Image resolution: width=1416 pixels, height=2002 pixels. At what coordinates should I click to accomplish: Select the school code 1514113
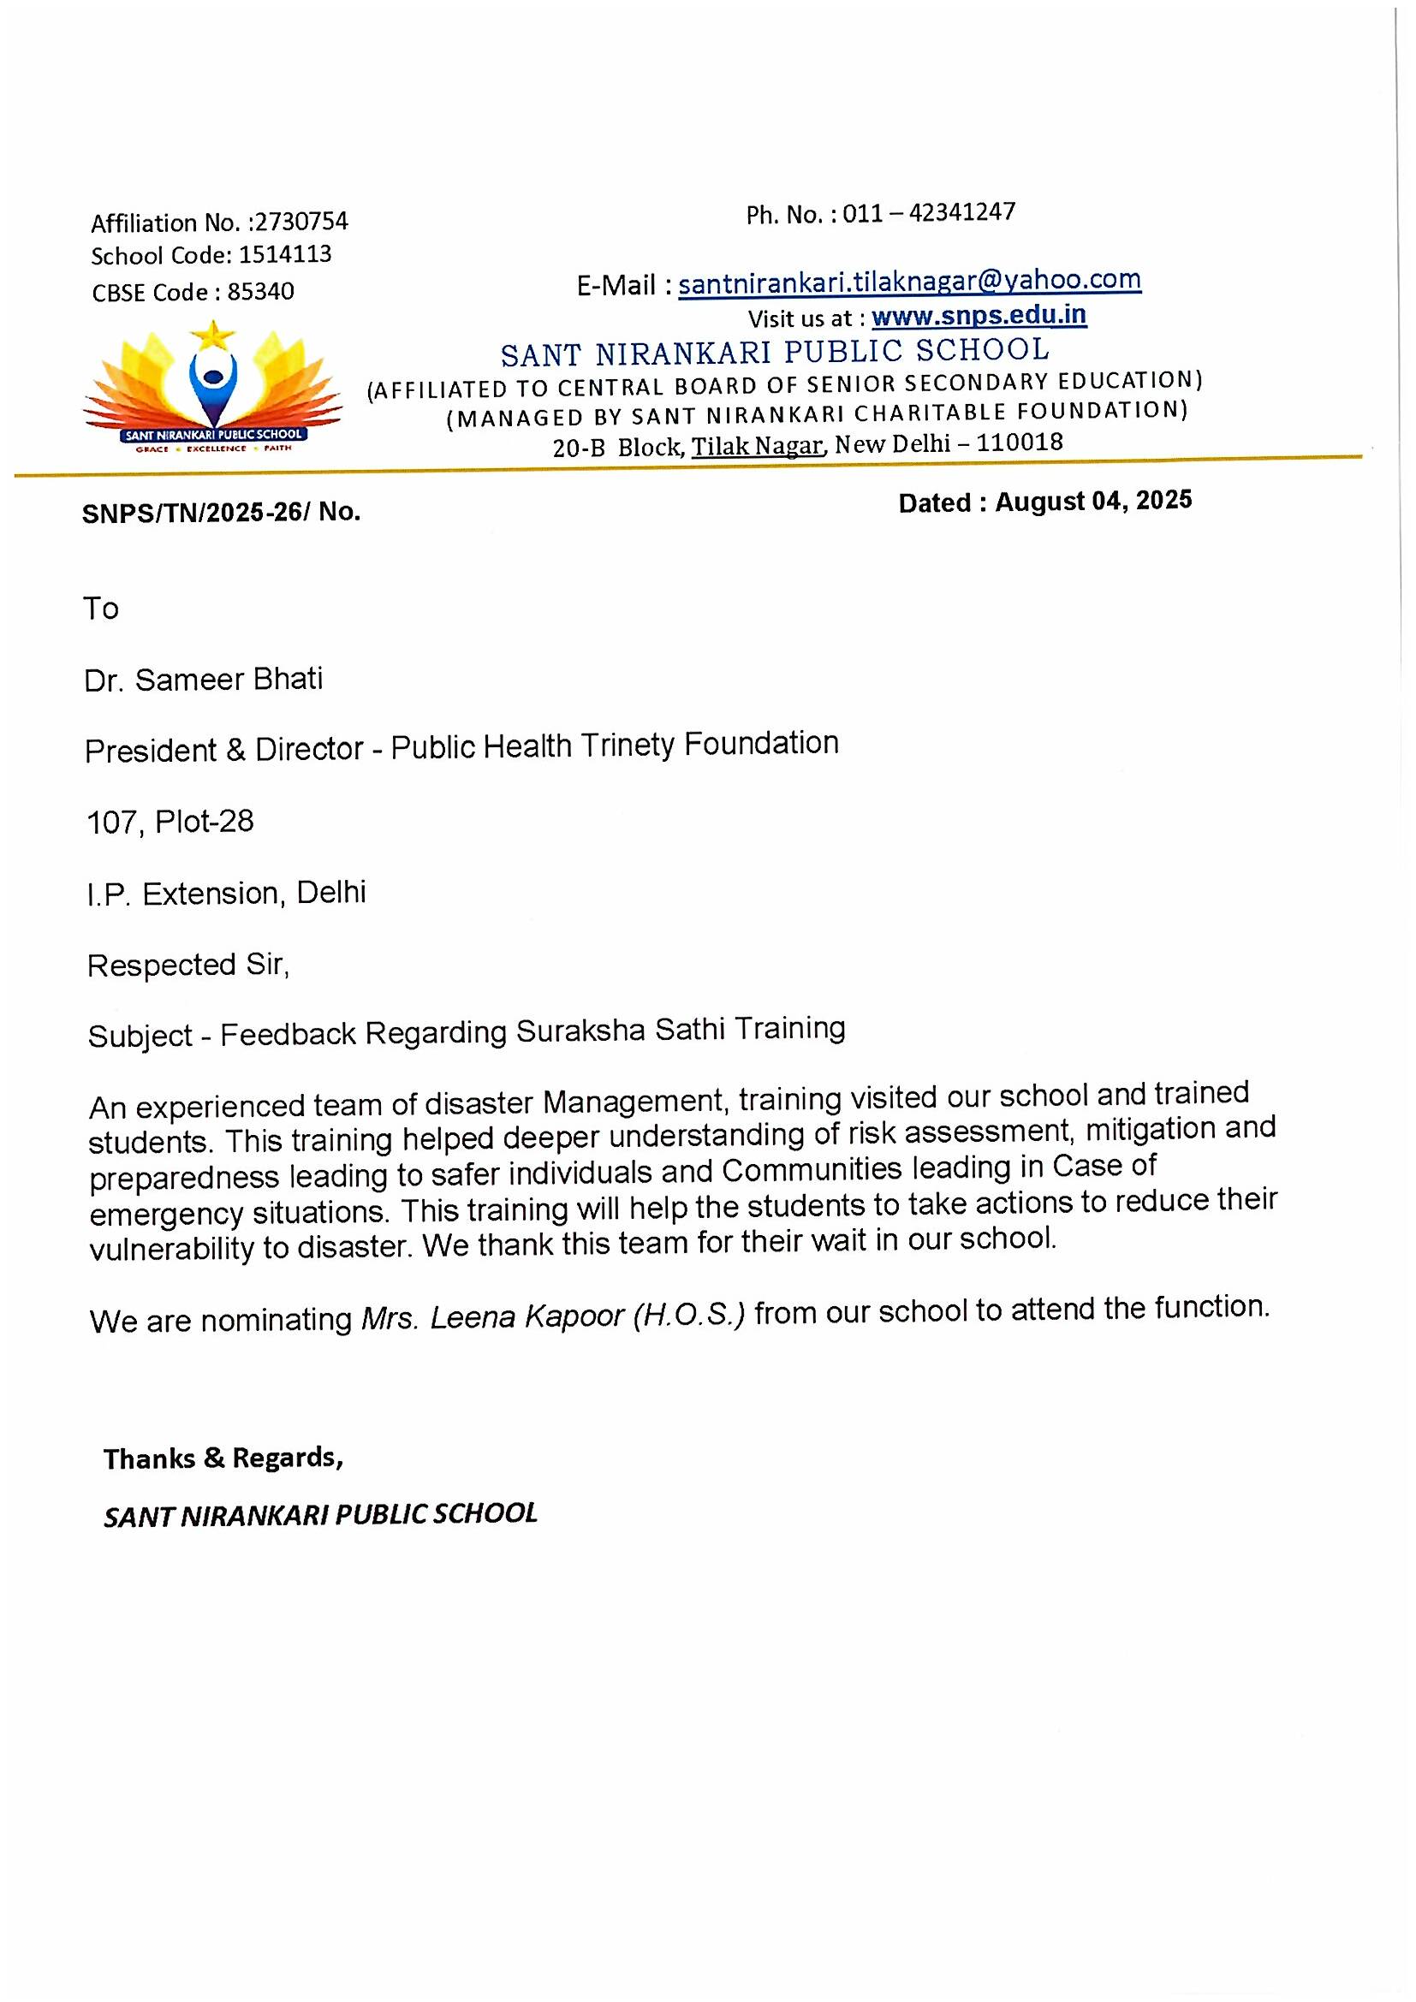pos(285,254)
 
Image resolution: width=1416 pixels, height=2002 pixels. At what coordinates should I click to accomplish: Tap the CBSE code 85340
pos(261,291)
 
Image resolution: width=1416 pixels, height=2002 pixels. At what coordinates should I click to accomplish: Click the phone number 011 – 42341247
pos(929,213)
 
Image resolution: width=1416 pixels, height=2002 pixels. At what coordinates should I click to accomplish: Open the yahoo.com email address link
pos(909,282)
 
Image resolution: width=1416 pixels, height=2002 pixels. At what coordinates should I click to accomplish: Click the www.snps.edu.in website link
pos(979,316)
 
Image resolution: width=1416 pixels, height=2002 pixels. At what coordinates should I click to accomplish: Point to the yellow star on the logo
pos(213,334)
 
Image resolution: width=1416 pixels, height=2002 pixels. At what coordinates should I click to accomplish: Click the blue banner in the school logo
pos(214,434)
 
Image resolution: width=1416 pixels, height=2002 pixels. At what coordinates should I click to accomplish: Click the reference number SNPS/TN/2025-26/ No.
pos(222,512)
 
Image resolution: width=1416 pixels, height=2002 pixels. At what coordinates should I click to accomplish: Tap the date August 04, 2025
pos(1093,502)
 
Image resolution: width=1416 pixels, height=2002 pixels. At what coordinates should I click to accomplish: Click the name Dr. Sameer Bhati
pos(203,680)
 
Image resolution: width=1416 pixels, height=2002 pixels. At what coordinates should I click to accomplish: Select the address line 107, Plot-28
pos(170,822)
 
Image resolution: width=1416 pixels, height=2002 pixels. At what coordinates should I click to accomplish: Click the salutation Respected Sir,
pos(188,965)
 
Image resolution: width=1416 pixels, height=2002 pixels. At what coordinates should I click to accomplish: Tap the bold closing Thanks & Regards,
pos(223,1458)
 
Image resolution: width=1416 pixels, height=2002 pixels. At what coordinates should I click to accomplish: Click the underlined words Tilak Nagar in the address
pos(757,447)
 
